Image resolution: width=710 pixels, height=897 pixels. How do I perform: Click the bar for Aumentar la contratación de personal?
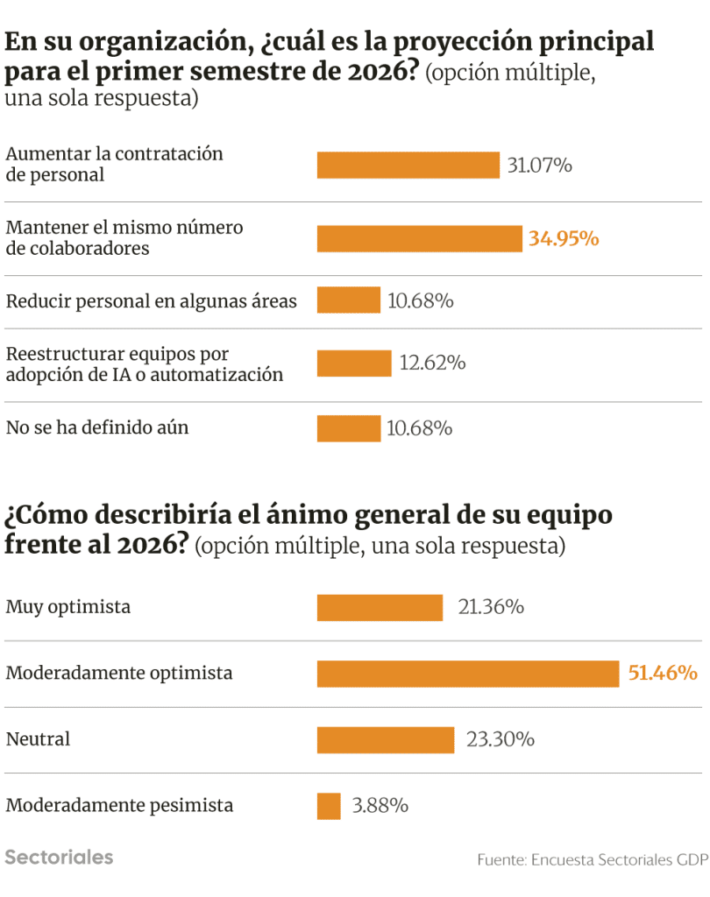click(x=408, y=165)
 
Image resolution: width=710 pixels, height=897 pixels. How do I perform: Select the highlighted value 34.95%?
click(x=564, y=237)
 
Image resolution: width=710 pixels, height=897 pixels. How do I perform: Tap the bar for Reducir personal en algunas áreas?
click(x=348, y=300)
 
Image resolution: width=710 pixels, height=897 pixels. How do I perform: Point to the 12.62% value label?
click(x=432, y=363)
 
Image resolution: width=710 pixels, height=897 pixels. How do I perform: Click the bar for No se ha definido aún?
click(x=348, y=428)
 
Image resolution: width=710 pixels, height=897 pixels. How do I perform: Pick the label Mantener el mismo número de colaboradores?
click(x=124, y=237)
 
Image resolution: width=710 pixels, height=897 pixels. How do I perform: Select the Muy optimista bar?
click(x=380, y=607)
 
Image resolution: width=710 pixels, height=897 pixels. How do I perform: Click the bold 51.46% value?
click(x=663, y=673)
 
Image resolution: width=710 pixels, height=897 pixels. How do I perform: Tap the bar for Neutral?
click(x=386, y=739)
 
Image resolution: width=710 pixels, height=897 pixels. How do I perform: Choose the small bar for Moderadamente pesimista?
click(x=329, y=806)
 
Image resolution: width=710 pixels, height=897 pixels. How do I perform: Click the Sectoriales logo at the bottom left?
click(x=60, y=857)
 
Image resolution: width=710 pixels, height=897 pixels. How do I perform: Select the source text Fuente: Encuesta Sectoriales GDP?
click(x=592, y=860)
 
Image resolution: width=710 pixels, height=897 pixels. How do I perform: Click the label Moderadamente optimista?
click(x=119, y=673)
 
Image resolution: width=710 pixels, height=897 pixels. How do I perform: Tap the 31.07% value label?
click(x=539, y=165)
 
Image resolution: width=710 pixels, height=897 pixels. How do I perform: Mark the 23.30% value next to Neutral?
click(x=501, y=739)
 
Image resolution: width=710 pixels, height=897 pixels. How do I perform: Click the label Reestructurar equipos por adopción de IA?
click(x=145, y=364)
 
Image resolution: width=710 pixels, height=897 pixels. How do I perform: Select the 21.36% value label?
click(x=491, y=607)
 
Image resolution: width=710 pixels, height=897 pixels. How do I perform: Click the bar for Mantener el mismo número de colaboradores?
click(x=419, y=237)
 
